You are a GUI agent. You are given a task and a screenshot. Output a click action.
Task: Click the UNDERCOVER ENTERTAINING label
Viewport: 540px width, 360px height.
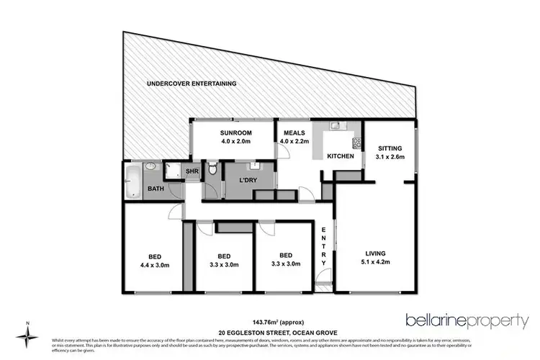point(192,84)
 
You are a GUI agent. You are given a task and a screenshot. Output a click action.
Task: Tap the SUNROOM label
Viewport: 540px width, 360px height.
point(235,133)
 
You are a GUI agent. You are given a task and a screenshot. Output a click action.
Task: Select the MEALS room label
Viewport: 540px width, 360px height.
point(294,133)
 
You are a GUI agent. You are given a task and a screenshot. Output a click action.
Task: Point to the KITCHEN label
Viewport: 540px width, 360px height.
point(340,156)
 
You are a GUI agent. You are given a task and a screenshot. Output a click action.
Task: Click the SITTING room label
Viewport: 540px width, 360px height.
point(391,148)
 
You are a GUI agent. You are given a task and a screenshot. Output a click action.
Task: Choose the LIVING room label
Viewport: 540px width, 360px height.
point(375,253)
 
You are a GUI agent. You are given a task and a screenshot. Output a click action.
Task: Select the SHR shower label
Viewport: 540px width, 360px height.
point(192,171)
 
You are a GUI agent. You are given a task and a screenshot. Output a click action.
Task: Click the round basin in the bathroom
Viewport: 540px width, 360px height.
point(150,166)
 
